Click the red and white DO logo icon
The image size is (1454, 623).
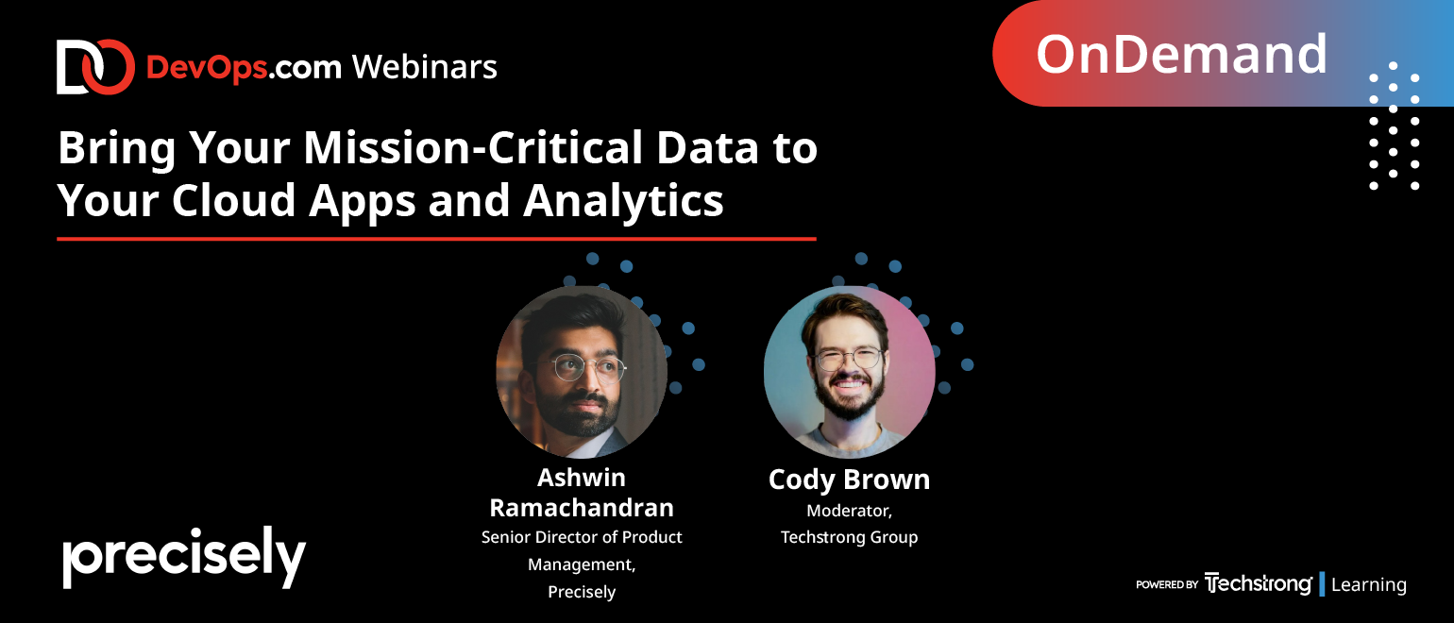click(x=95, y=67)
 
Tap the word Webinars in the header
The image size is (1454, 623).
click(x=425, y=67)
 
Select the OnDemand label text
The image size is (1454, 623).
click(x=1181, y=55)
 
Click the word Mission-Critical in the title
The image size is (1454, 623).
click(x=473, y=148)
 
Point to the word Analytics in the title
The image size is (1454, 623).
click(x=623, y=201)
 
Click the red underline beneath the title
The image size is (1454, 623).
click(x=436, y=239)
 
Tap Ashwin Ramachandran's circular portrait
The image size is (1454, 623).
click(x=582, y=372)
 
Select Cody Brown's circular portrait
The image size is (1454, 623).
click(x=850, y=372)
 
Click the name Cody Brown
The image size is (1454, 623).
click(x=849, y=480)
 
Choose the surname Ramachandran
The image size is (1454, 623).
click(x=582, y=508)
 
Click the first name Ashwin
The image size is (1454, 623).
click(x=582, y=478)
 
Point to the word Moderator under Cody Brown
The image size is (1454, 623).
click(x=849, y=512)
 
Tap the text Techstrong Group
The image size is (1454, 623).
click(x=849, y=537)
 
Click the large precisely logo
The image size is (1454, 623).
click(x=184, y=558)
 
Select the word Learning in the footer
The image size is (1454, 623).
click(x=1369, y=585)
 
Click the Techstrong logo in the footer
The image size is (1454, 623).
click(x=1258, y=583)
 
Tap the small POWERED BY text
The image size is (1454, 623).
click(x=1167, y=584)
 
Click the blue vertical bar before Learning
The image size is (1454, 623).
click(x=1322, y=584)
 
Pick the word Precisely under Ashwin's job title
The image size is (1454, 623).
click(x=582, y=592)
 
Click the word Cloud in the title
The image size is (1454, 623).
click(x=234, y=200)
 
